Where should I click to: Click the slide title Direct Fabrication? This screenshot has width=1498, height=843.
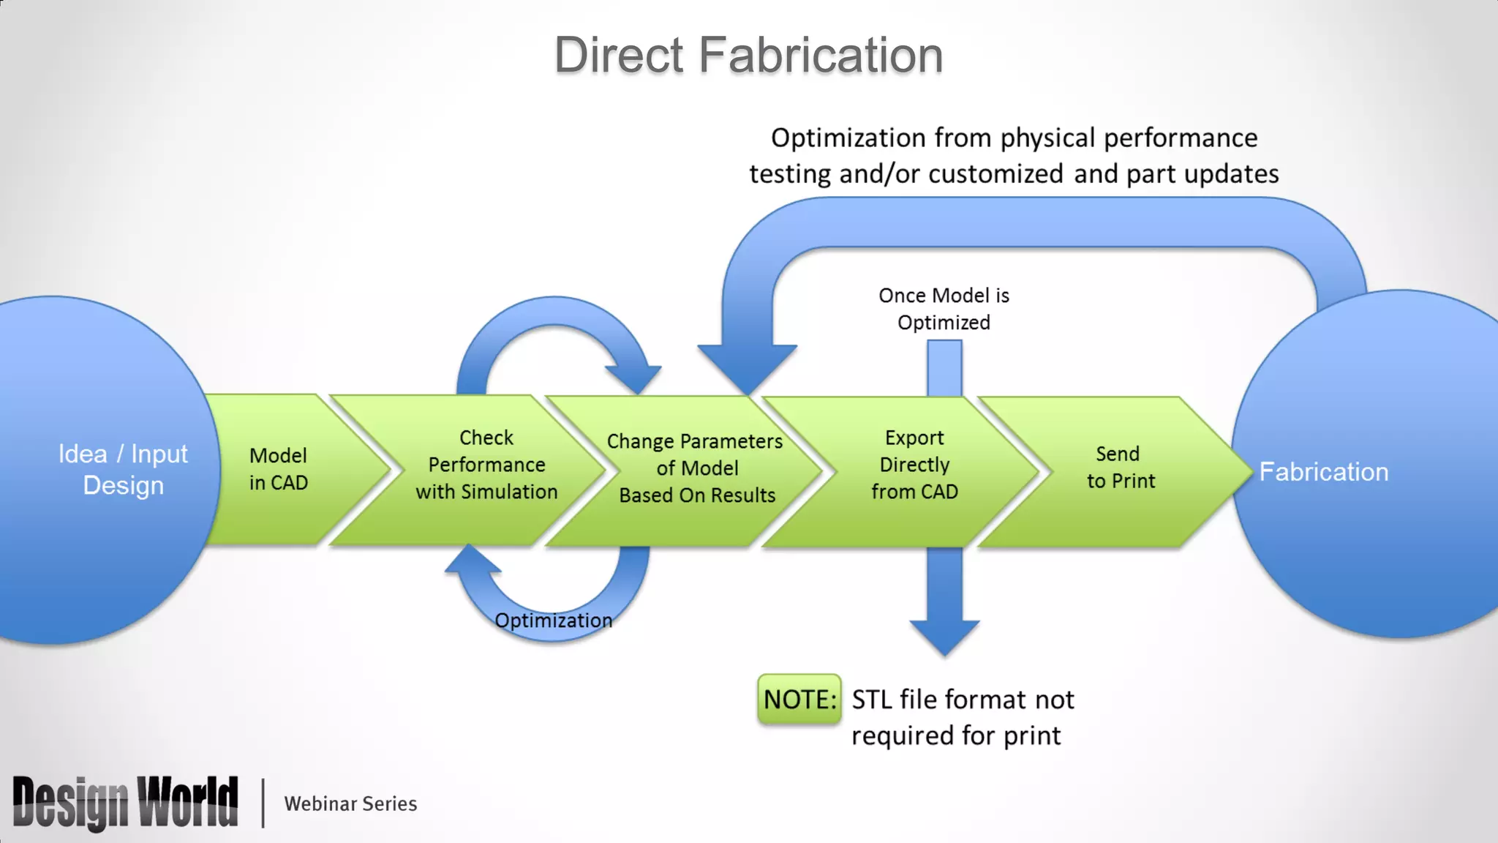(748, 56)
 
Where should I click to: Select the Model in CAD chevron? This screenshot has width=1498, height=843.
(279, 469)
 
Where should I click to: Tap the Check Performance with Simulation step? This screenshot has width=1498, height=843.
(486, 465)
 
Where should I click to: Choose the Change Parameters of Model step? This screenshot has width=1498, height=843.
(696, 468)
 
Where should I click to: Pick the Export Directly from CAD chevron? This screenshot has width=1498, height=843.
(914, 465)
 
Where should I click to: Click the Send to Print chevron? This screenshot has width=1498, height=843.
(1120, 468)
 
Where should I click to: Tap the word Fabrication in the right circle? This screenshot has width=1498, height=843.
(1323, 472)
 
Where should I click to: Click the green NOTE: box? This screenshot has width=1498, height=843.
(799, 700)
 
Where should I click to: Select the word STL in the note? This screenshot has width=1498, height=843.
(872, 700)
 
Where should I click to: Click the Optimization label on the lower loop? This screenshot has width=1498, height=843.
(553, 621)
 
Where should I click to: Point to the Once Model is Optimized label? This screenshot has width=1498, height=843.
(944, 309)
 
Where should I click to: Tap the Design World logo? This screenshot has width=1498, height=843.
(126, 803)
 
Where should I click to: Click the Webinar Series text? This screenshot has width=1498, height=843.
(350, 803)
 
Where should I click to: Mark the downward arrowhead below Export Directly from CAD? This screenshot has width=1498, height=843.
(944, 637)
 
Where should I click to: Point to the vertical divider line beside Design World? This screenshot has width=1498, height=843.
(263, 803)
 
